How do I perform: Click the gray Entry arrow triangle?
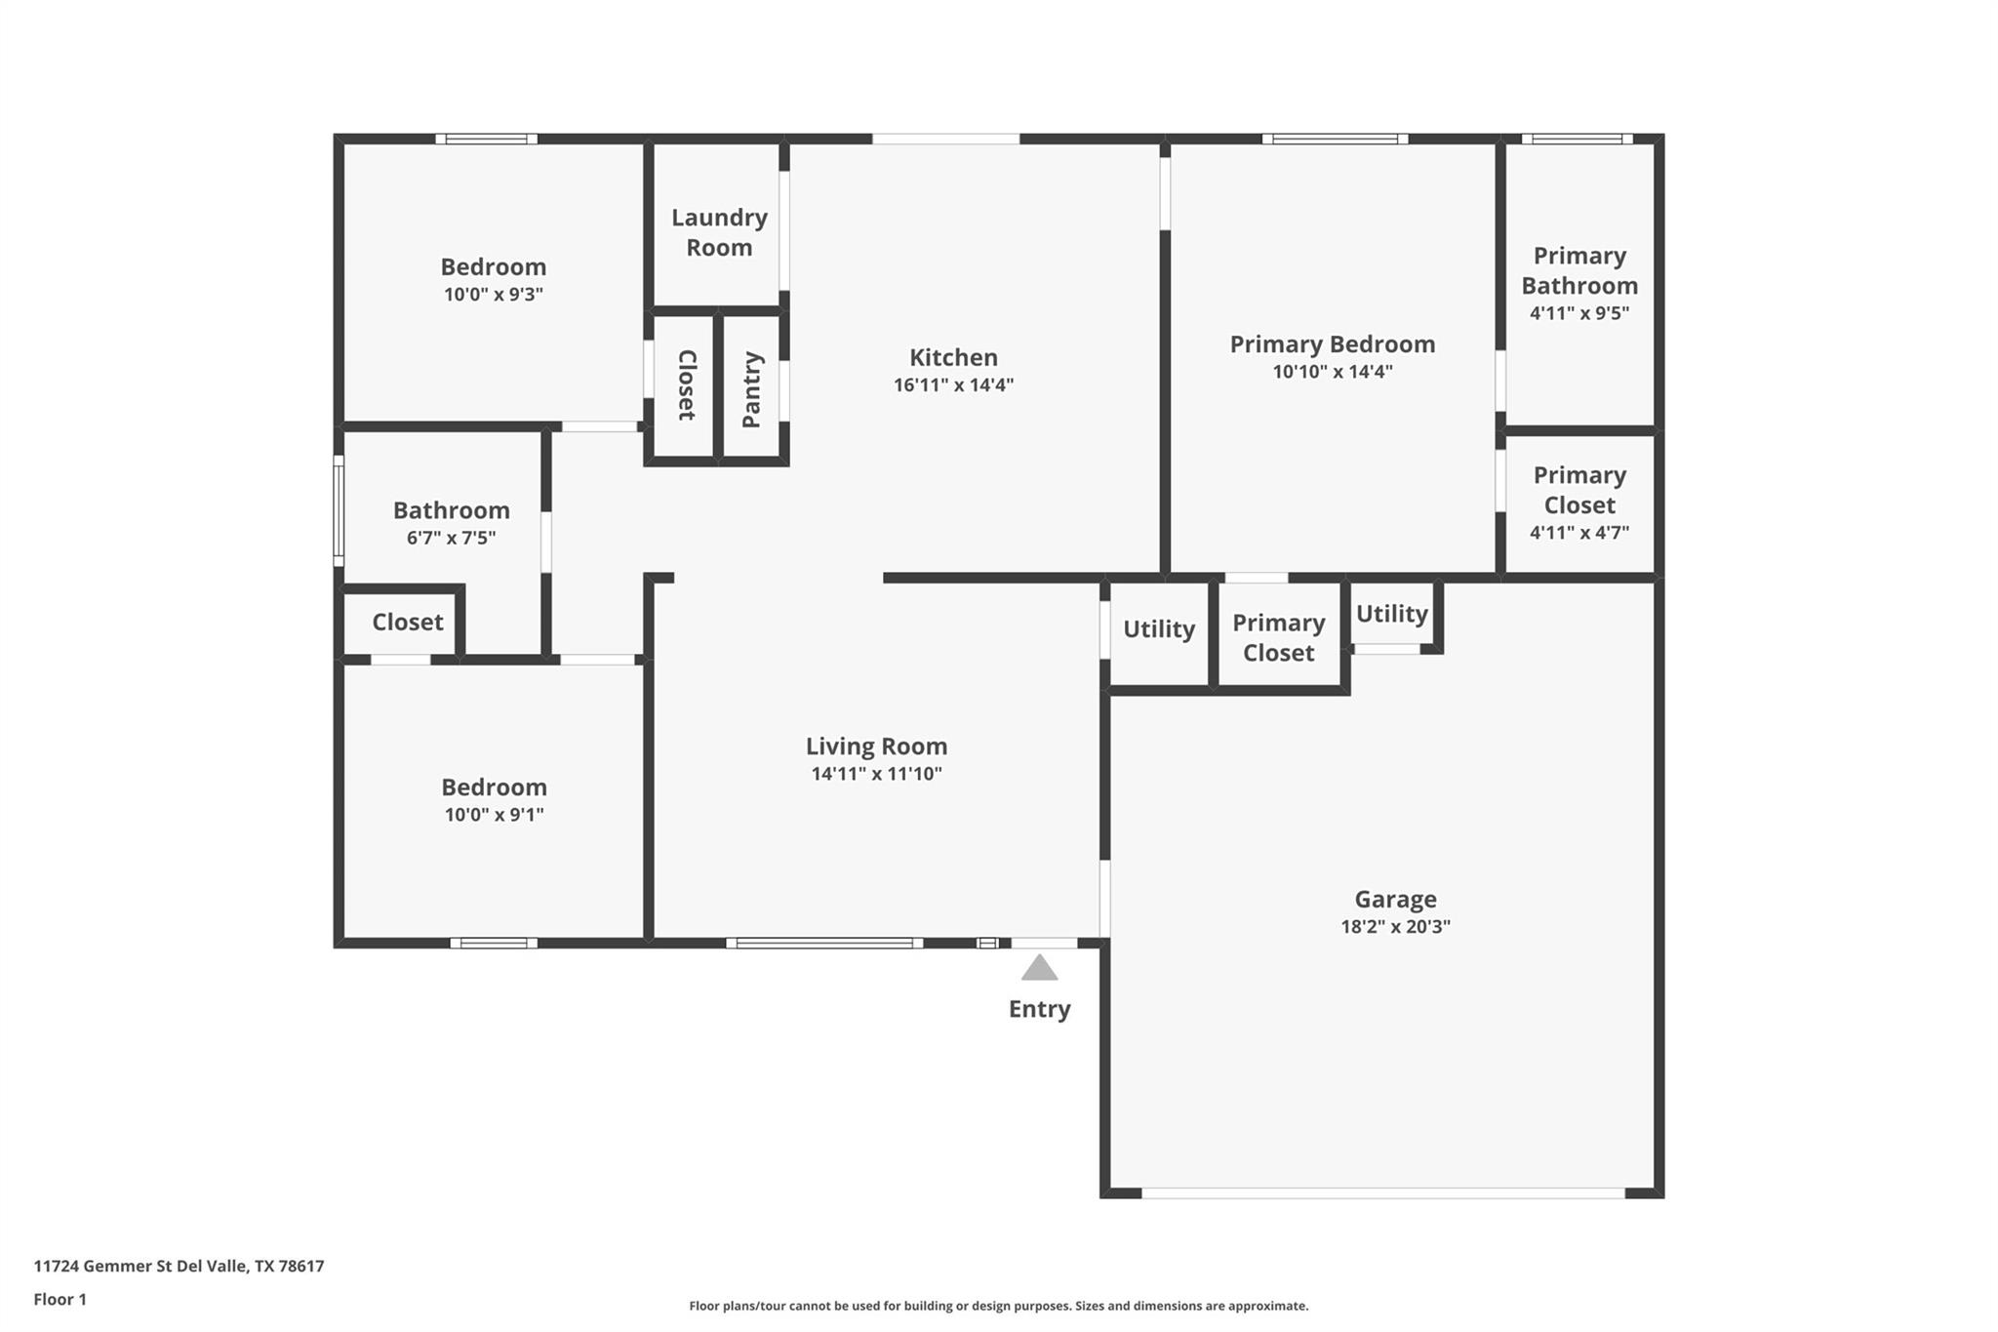1039,969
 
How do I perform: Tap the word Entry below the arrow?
1039,1009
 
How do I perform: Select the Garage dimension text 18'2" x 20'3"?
1395,926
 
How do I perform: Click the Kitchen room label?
953,357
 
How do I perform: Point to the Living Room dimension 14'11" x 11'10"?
876,774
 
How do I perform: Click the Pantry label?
751,389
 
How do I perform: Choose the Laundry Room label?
719,232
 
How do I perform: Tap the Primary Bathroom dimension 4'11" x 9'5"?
1578,313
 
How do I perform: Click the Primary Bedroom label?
1332,343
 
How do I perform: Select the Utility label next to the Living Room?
1158,629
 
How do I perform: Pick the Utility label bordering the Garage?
1391,614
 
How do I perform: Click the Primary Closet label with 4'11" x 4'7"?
1578,490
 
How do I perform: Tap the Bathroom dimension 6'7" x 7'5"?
451,538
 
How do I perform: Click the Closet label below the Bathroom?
407,622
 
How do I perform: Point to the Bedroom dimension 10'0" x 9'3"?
493,294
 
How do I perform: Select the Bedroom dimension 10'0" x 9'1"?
494,814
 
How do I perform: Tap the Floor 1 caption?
60,1299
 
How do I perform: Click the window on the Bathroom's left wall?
339,509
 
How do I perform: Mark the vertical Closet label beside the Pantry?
686,384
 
